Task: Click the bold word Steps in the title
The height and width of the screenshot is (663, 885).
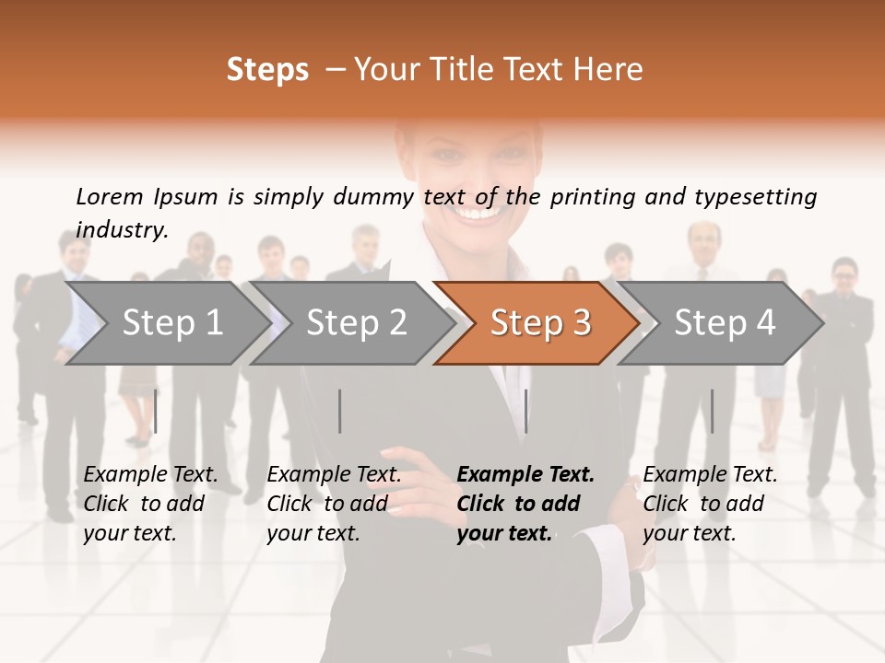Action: tap(267, 70)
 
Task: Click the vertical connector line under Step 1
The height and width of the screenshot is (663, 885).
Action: tap(155, 411)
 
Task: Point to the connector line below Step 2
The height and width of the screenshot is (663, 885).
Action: tap(339, 411)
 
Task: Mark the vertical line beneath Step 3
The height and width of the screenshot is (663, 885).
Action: tap(525, 411)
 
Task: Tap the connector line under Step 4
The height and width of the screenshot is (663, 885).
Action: tap(712, 411)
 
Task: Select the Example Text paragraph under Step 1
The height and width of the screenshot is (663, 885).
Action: tap(150, 504)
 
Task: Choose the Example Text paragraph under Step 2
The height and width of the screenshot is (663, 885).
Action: tap(334, 504)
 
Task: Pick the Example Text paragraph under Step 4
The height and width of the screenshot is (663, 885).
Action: tap(710, 504)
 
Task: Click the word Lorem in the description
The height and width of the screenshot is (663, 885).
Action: tap(110, 196)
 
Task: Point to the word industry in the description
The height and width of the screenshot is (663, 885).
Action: tap(121, 230)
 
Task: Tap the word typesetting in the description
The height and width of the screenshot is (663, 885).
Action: tap(755, 197)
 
